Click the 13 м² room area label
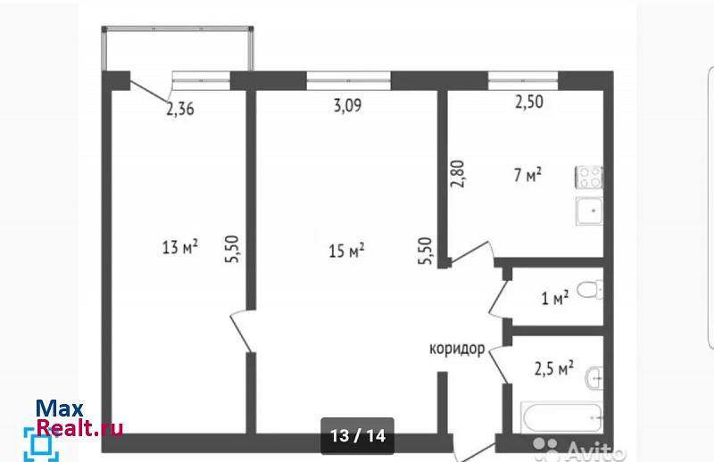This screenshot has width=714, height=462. pos(180,247)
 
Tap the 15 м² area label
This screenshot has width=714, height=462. pos(346,251)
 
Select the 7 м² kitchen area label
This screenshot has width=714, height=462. pos(527,174)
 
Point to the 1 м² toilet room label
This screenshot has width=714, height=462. pos(554,298)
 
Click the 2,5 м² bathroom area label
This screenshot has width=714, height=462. pos(553,367)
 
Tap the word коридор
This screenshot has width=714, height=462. pos(457,349)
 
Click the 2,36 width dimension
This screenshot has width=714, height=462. pos(180,109)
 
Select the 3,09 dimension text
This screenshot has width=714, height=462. pos(347,105)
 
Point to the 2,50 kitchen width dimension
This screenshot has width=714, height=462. pos(529,102)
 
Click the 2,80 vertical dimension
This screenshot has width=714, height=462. pos(457,174)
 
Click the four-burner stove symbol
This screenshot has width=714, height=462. pos(589,177)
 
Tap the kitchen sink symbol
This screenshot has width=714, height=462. pos(589,210)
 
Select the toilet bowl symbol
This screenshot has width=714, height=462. pos(590,290)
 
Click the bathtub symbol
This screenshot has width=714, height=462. pos(562,417)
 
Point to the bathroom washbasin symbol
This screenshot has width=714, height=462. pos(594,378)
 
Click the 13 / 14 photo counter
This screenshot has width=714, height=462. pos(358,435)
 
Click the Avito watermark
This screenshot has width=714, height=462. pos(579,450)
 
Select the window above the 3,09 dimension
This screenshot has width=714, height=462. pos(348,80)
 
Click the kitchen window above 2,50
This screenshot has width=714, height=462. pos(523,80)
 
